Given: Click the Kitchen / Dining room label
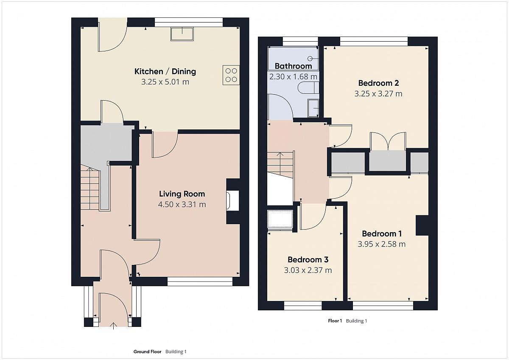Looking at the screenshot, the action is coord(165,71).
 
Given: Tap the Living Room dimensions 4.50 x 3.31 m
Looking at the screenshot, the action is coord(182,205).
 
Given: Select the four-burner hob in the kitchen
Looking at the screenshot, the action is coord(231,75).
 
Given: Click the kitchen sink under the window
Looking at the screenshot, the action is coord(182,34).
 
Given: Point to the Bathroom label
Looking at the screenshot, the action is coord(293,66).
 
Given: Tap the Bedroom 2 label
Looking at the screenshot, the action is coord(378,83).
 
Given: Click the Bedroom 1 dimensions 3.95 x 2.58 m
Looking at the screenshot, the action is coord(381,244).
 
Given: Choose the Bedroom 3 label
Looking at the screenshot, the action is coord(308,259).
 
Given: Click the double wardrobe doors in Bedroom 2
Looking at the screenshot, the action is coord(388,141).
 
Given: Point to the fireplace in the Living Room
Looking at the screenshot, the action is coord(233,200).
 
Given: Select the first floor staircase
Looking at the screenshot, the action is coord(280,165).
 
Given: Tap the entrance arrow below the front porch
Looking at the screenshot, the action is coord(113,326).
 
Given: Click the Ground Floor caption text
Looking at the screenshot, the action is coord(147,352).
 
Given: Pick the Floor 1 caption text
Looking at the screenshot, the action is coord(335,321).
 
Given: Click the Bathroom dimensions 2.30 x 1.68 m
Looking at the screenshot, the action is coord(293,77).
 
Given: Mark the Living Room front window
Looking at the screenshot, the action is coord(200,281).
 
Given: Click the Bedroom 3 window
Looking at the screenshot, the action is coord(303,306).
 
